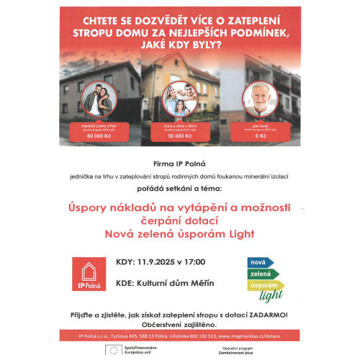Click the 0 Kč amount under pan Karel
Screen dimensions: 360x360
point(261,135)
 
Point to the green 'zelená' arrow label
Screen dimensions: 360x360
point(262,274)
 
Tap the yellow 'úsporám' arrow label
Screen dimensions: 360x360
point(264,285)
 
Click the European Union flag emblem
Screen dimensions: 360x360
point(113,351)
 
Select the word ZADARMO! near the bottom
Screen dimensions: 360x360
point(267,315)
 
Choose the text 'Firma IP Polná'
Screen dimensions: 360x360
point(179,164)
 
